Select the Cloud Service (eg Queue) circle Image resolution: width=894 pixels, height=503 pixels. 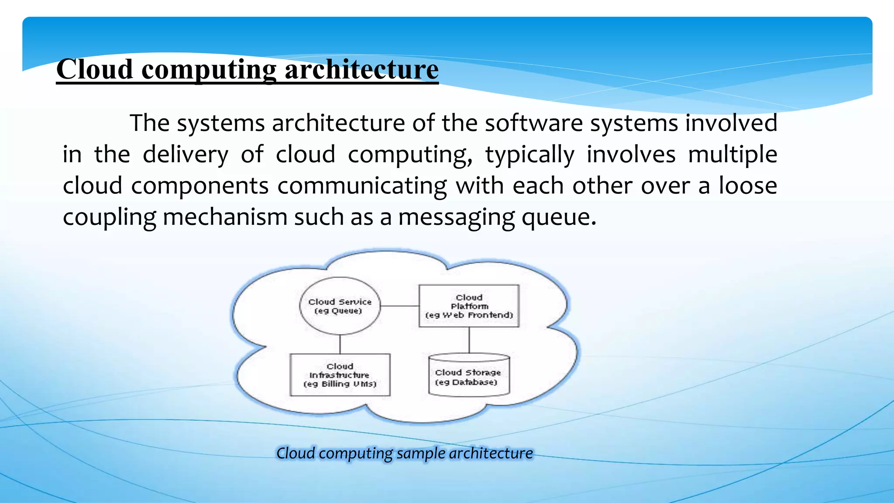340,306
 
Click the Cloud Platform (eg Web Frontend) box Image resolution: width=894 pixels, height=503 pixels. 469,306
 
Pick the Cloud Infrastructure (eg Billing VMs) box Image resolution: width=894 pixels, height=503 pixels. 340,375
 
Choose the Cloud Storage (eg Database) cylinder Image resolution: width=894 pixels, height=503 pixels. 469,376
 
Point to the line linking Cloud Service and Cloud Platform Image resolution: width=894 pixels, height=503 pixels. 399,306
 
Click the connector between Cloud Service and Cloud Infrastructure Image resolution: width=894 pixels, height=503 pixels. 340,344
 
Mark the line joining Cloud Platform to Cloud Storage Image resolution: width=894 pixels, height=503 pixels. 469,340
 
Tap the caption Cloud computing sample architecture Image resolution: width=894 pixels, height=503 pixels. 404,453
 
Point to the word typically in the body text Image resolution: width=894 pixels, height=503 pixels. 530,155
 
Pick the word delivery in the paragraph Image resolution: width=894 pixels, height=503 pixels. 186,155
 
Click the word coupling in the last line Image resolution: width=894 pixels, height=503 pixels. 109,217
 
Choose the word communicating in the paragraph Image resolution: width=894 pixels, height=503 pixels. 362,186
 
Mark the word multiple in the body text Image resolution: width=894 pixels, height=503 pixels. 732,155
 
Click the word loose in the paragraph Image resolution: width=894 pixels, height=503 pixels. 748,186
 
